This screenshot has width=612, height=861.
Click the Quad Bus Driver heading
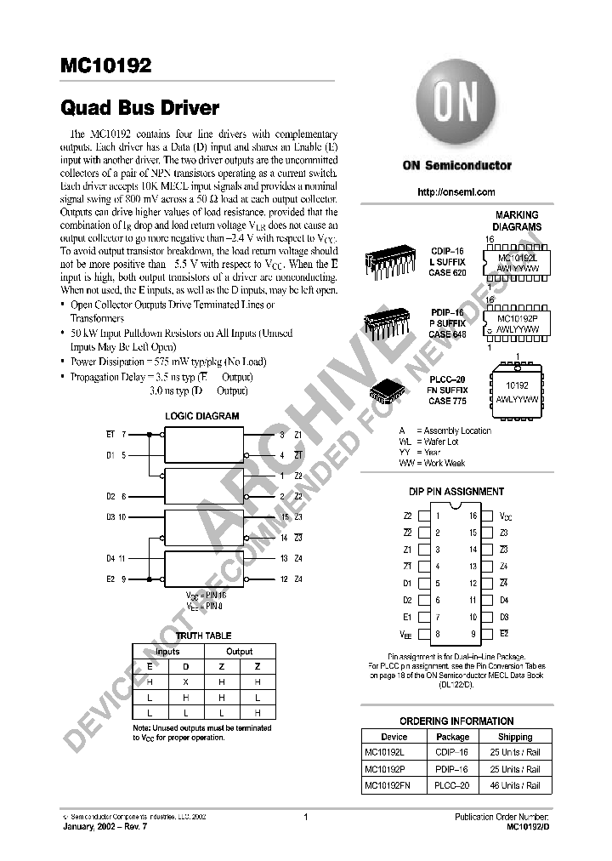tap(139, 109)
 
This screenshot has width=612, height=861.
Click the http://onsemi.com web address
tap(456, 192)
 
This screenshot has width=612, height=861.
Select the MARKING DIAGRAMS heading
tap(518, 221)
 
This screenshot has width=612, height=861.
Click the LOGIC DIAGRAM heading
tap(201, 416)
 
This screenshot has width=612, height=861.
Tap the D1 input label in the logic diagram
tap(110, 455)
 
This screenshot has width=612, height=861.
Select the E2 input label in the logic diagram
tap(110, 579)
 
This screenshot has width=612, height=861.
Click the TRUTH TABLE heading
tap(203, 636)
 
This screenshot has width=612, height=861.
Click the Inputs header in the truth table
tap(167, 652)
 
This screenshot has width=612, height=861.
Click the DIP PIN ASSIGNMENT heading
tap(456, 492)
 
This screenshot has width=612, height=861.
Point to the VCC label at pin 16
tap(505, 516)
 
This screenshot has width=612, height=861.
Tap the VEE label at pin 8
tap(406, 634)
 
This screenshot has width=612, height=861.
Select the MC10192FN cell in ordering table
tap(387, 786)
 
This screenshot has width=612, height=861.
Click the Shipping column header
tap(515, 737)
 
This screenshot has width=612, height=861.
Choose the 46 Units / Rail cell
tap(515, 786)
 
